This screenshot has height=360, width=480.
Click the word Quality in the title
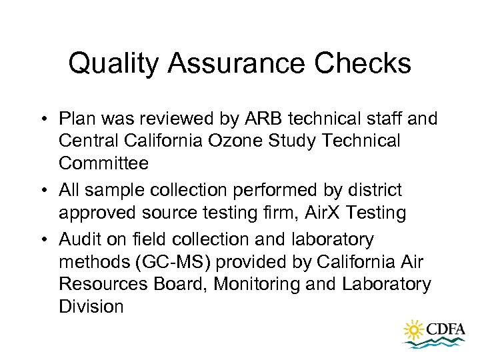coord(113,64)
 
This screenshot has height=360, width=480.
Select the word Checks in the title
coord(370,64)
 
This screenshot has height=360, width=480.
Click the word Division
coord(91,307)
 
